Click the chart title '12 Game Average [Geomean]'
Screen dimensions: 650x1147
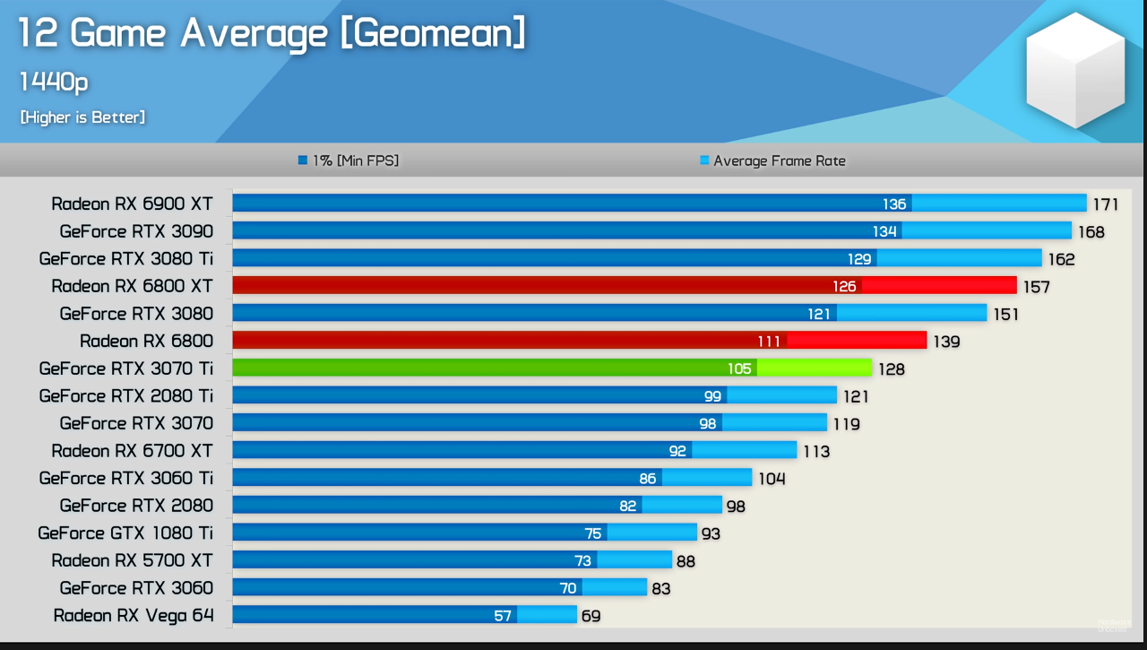(272, 34)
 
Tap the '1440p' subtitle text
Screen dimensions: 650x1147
(54, 82)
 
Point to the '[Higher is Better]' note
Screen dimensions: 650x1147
(82, 117)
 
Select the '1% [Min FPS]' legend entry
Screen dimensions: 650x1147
(349, 160)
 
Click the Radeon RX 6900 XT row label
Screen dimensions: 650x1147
(132, 204)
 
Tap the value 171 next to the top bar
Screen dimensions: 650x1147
(1105, 204)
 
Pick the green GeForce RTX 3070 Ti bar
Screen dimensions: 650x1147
(551, 368)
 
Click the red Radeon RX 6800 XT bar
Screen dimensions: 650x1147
(624, 286)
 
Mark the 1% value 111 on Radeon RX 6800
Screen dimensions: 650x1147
(769, 342)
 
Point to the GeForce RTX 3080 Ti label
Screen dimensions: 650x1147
(126, 258)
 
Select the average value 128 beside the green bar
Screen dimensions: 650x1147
(891, 368)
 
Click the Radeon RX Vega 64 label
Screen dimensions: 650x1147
(134, 615)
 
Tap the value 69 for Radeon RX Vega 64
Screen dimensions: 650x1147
(591, 616)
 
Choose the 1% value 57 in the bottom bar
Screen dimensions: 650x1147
(503, 616)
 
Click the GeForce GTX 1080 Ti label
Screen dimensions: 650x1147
(125, 533)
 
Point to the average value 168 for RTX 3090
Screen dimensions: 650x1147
(1091, 232)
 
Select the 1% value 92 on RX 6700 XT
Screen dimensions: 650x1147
(677, 451)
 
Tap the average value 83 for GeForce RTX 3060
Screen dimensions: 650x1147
(661, 588)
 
